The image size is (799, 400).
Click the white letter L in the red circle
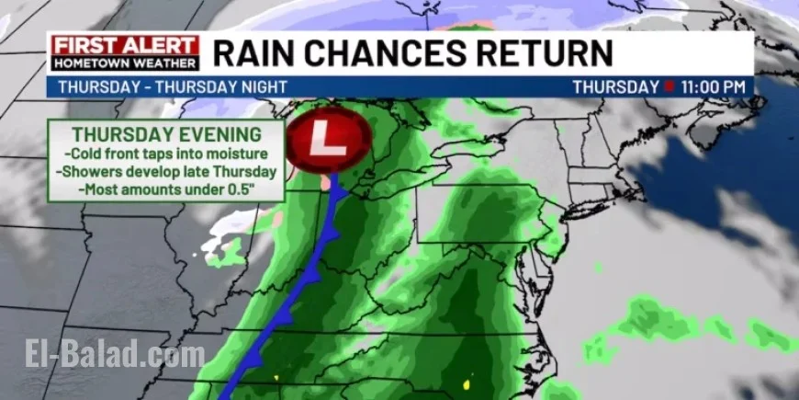point(329,140)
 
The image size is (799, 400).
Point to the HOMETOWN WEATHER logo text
point(125,63)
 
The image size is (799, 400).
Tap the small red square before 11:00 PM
point(670,87)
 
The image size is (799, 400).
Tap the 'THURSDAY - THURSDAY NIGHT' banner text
point(149,87)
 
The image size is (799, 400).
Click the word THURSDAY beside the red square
point(615,87)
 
